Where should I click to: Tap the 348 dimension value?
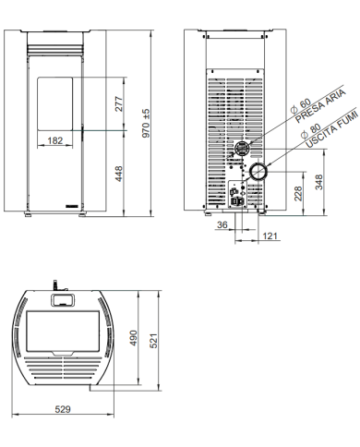[319, 182]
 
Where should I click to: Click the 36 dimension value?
[222, 224]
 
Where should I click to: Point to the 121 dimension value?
[271, 237]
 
